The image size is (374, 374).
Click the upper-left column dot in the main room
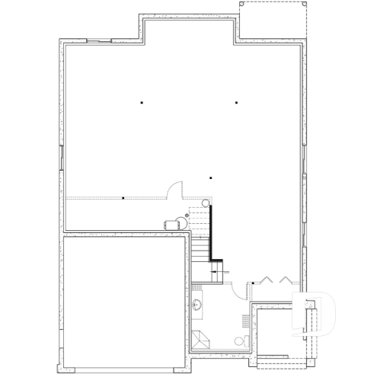141,102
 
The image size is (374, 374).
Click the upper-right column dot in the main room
236,102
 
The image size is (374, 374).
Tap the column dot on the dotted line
123,198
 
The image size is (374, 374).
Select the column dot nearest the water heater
210,178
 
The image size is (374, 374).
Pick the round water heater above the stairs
205,202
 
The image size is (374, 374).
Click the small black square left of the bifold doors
253,284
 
